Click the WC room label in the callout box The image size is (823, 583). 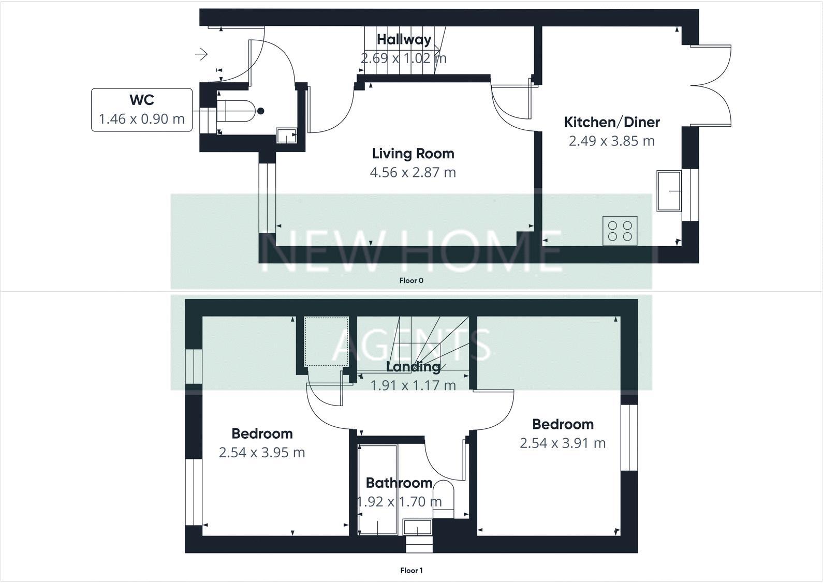coord(141,99)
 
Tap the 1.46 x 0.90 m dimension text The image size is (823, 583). coord(141,119)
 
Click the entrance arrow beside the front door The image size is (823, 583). coord(201,53)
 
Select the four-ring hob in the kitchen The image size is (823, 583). coord(620,231)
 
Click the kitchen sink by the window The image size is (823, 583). coord(669,191)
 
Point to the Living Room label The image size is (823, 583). coord(413,154)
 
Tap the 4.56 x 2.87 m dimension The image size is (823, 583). coord(413,172)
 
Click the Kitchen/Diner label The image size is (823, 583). coord(612,122)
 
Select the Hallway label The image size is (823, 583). coord(404,39)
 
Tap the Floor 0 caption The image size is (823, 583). coord(411,281)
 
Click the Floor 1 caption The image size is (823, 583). coord(411,571)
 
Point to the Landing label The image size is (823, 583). coord(413,367)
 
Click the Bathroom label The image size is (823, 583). coord(399,483)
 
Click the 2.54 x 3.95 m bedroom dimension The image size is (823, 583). coord(262,453)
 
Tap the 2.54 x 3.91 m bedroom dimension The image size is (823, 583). coord(563,443)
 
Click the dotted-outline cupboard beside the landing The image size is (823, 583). coord(326,341)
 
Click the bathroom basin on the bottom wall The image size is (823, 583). coord(417,528)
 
